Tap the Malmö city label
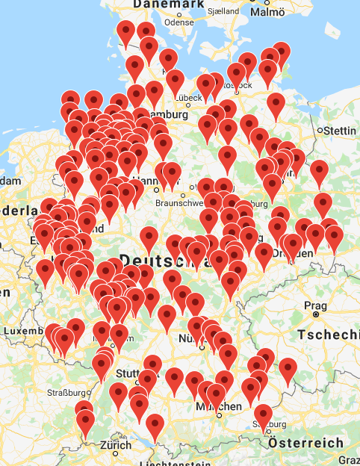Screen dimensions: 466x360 pyautogui.click(x=268, y=12)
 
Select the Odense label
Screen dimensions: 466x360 pyautogui.click(x=178, y=22)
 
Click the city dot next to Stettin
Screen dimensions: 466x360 pyautogui.click(x=320, y=130)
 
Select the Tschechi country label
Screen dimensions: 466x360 pyautogui.click(x=328, y=335)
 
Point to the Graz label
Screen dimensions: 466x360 pyautogui.click(x=348, y=461)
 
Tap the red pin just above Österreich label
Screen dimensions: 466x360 pyautogui.click(x=263, y=415)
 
